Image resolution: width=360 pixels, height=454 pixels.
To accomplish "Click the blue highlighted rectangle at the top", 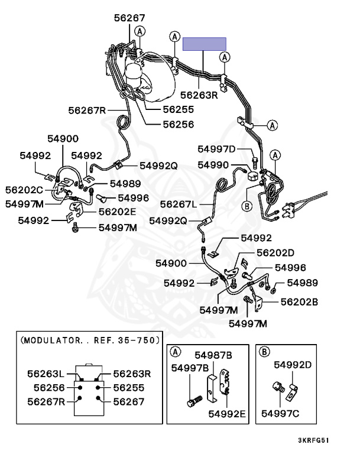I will click(x=204, y=44).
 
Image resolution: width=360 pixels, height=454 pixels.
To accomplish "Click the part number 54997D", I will click(x=216, y=149).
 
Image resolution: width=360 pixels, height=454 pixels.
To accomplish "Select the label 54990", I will click(x=213, y=165).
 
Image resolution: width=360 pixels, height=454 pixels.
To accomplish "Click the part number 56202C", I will click(x=24, y=190).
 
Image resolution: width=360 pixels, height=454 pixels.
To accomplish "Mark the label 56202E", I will click(x=117, y=211).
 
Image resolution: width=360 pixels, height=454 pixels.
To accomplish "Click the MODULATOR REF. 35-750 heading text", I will click(x=90, y=340).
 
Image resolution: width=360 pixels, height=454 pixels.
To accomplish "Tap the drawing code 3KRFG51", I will click(x=313, y=440).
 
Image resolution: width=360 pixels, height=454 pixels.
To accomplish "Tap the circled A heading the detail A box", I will click(x=176, y=352).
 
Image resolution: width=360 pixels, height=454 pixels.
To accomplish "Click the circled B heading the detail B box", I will click(x=265, y=352).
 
